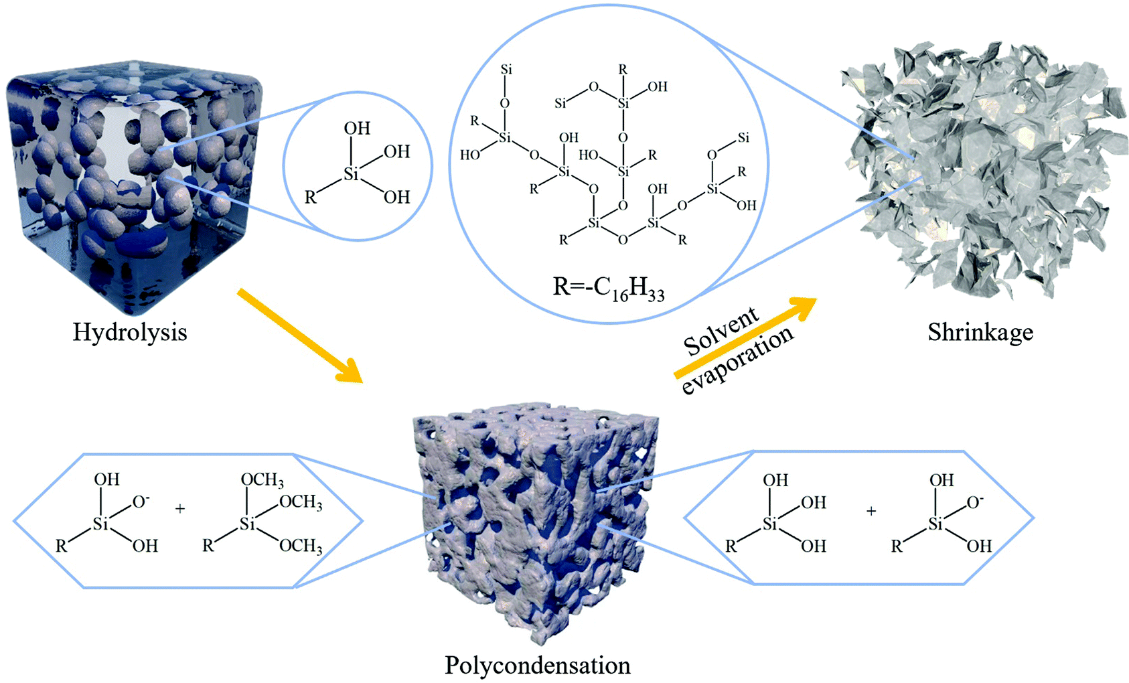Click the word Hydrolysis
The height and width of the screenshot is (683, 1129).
point(129,332)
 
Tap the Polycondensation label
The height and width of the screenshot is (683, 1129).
point(538,665)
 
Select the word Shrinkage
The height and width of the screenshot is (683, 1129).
point(980,332)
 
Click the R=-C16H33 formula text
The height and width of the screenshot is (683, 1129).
point(609,288)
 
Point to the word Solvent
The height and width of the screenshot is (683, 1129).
point(721,333)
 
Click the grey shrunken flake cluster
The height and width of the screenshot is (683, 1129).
point(978,174)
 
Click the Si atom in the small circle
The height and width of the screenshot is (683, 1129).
point(352,175)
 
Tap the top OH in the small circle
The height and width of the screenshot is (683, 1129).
point(357,129)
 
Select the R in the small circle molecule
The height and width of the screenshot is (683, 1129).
point(311,198)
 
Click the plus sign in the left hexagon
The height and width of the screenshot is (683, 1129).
point(180,510)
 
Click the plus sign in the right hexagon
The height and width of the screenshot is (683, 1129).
point(871,512)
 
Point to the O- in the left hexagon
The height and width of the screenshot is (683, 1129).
point(141,502)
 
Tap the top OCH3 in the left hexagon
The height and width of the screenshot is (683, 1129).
point(262,480)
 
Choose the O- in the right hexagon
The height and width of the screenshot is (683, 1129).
point(975,502)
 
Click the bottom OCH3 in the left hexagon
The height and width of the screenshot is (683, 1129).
point(301,546)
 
